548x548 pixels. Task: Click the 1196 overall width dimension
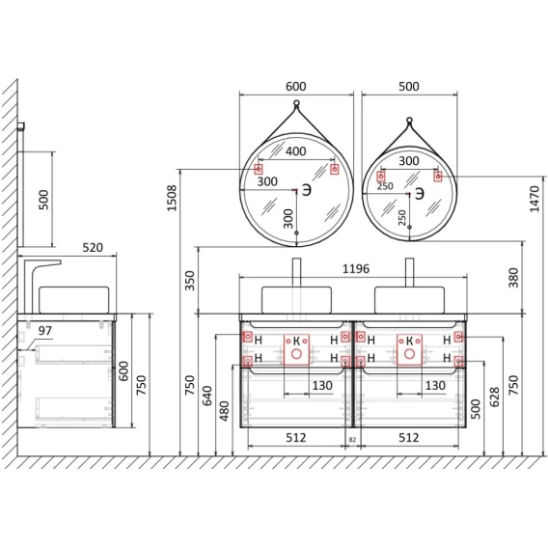pos(356,269)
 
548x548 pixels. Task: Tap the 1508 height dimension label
pos(172,198)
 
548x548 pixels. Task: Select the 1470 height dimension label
pos(534,199)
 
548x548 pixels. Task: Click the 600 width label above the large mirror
pos(296,86)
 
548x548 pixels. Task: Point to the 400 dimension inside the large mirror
pos(296,151)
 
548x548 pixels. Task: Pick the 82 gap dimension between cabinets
pos(352,440)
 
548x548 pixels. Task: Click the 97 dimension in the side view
pos(45,330)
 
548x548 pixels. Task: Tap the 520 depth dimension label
pos(93,247)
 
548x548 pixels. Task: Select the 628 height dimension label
pos(494,397)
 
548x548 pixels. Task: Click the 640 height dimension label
pos(207,396)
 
